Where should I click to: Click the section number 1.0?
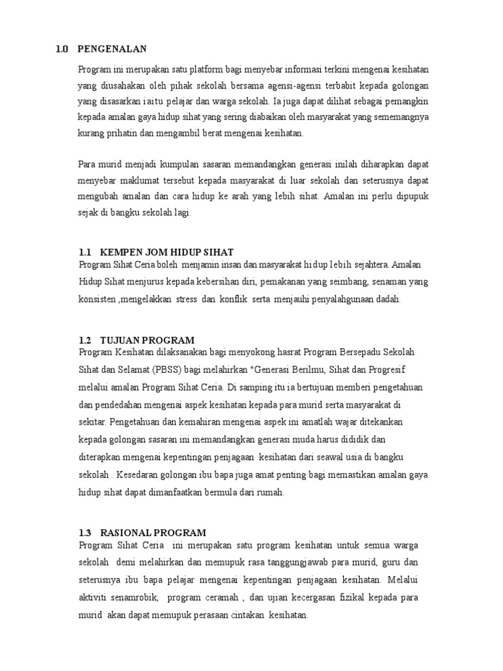coord(62,48)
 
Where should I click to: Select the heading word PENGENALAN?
coord(112,48)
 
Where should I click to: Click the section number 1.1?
coord(84,252)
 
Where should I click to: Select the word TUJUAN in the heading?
coord(121,340)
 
